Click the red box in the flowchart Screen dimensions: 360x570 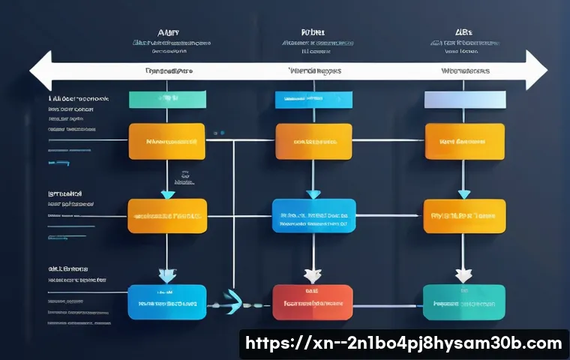pos(312,302)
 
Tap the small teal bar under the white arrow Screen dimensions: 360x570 pos(166,100)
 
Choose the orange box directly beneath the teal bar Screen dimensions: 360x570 pos(166,141)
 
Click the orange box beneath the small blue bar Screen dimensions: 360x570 pos(313,141)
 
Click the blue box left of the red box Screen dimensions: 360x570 pos(166,302)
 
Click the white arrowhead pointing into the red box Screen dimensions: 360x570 pos(313,276)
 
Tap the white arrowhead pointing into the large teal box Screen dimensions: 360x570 pos(463,276)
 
